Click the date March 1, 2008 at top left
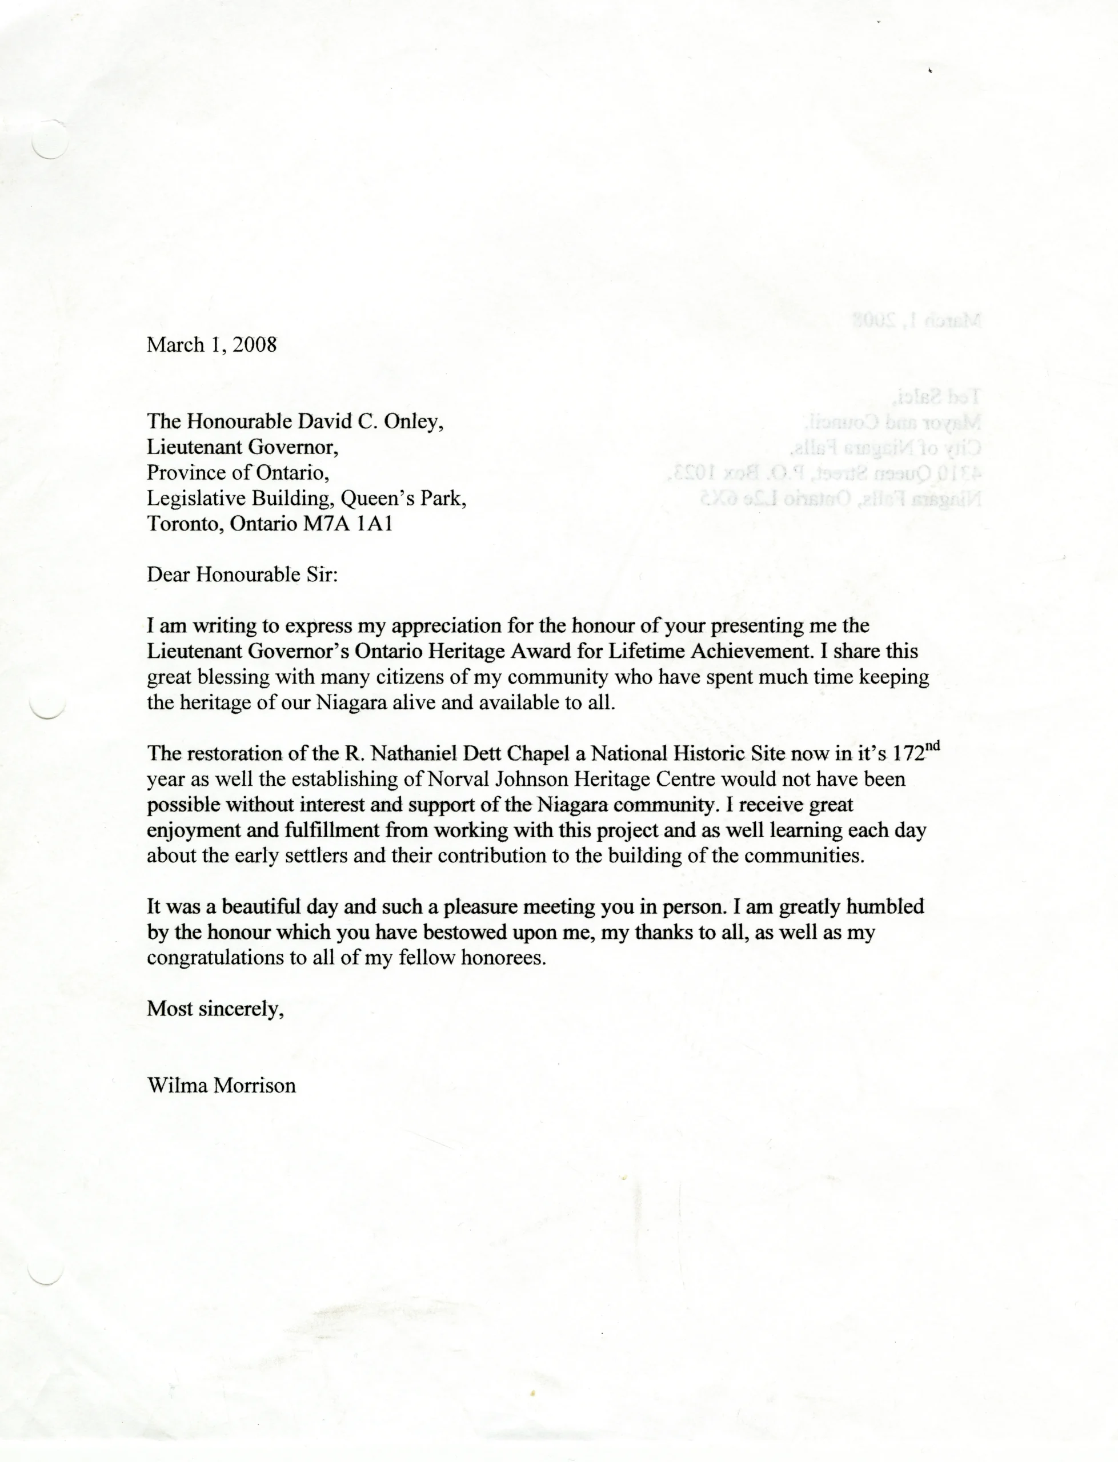(211, 344)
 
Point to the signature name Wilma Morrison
(221, 1086)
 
